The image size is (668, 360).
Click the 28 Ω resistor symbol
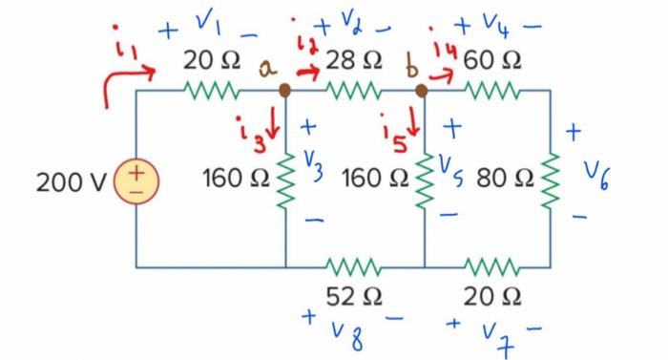pyautogui.click(x=353, y=92)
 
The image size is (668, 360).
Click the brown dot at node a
pyautogui.click(x=284, y=92)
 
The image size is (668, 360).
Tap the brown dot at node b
pyautogui.click(x=424, y=92)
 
